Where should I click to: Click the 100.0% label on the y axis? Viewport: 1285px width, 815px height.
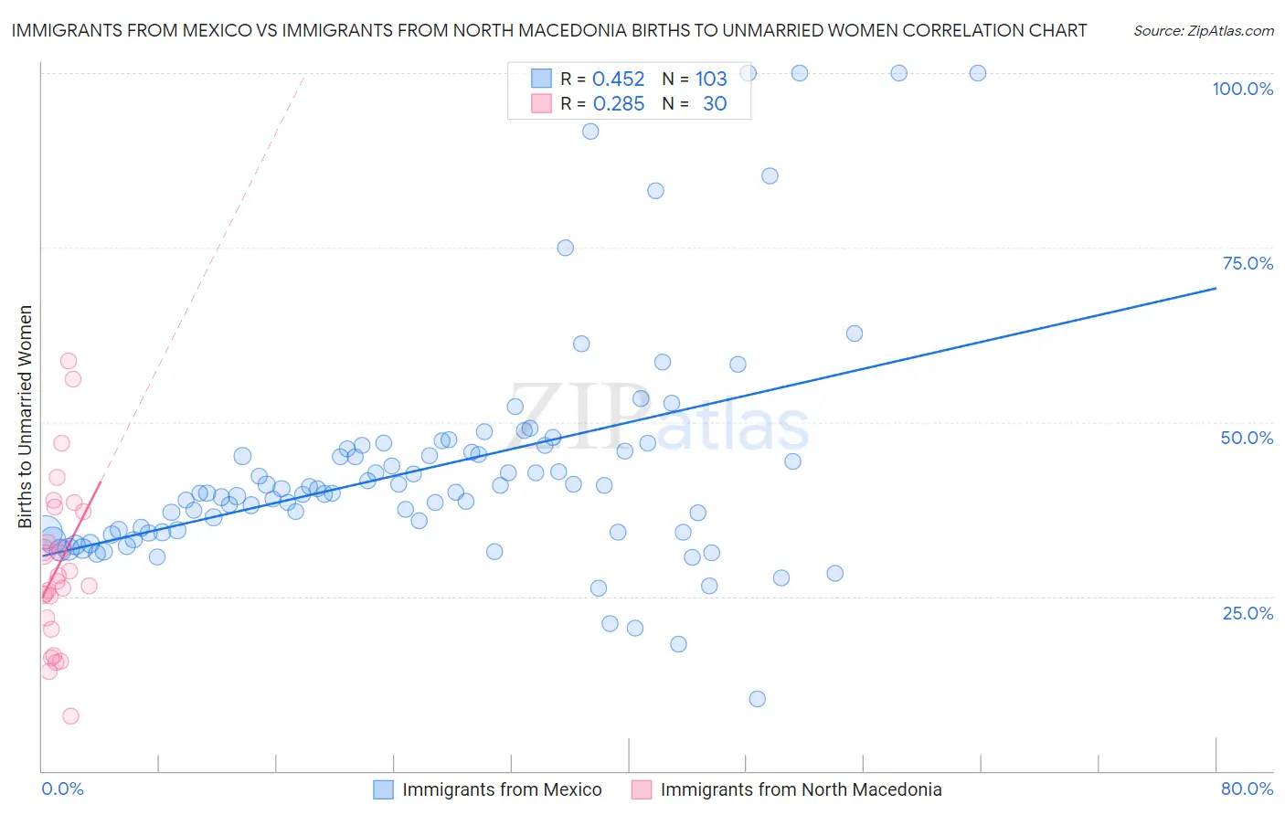(1242, 89)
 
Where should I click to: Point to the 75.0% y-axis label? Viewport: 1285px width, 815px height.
(1248, 263)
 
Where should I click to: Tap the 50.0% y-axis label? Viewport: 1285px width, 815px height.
(1247, 438)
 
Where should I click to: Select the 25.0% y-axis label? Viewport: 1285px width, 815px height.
(1248, 612)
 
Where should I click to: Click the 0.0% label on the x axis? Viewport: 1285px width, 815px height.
(62, 789)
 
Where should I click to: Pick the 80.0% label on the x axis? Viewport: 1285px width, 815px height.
(1247, 789)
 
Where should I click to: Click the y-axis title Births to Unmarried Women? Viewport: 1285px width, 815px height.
(26, 417)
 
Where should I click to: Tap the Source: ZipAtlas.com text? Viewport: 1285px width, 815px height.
(1203, 31)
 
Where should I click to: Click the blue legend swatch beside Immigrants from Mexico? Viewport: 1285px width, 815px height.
(383, 789)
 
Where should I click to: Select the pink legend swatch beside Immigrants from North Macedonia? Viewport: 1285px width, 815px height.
(642, 789)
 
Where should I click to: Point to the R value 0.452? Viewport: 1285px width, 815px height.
(619, 79)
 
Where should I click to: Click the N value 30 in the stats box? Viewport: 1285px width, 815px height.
(715, 104)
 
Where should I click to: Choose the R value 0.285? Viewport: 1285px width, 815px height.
(619, 104)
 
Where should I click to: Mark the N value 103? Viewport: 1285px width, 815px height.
(711, 79)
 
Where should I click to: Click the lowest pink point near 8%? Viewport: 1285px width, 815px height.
(70, 716)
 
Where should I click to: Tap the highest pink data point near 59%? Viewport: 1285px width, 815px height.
(69, 361)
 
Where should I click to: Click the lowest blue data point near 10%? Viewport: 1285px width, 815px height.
(757, 699)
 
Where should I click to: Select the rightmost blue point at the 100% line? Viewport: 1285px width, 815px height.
(978, 73)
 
